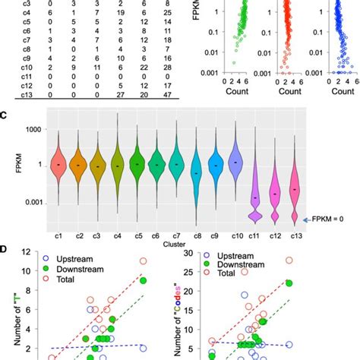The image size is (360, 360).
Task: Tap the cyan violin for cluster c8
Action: (196, 171)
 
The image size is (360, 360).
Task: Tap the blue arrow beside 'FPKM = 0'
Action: (307, 219)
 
